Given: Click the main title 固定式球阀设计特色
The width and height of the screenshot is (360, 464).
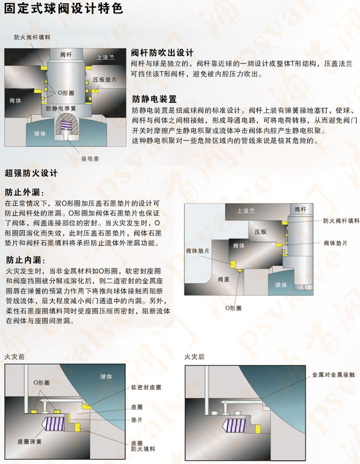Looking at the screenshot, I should (x=63, y=9).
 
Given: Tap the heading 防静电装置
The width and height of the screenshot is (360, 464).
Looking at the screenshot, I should (x=154, y=99).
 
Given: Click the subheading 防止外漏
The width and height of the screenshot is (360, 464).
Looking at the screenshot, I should (x=24, y=192).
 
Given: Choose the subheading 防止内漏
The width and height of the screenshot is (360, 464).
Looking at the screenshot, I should (x=24, y=260).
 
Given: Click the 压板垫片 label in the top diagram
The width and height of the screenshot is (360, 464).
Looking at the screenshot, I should (x=105, y=79).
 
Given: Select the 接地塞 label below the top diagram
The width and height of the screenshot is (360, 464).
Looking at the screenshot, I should (x=89, y=159).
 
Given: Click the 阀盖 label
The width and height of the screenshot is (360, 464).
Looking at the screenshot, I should (x=223, y=279).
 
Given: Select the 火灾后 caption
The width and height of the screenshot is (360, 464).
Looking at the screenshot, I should (x=194, y=357).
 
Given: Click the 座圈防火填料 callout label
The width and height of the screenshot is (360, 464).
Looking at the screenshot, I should (x=141, y=447).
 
